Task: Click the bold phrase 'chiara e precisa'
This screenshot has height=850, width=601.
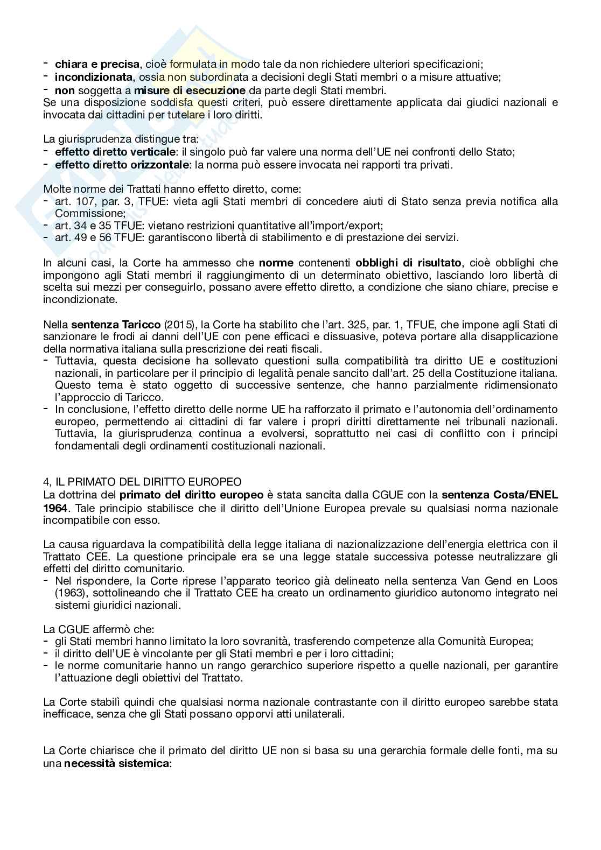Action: pyautogui.click(x=97, y=65)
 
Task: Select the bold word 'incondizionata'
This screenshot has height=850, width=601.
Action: pyautogui.click(x=93, y=77)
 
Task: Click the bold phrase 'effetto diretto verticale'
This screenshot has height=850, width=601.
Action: pyautogui.click(x=115, y=152)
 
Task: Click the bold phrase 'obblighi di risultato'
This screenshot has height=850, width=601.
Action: pyautogui.click(x=408, y=263)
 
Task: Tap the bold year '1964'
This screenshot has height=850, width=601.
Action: pyautogui.click(x=55, y=508)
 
